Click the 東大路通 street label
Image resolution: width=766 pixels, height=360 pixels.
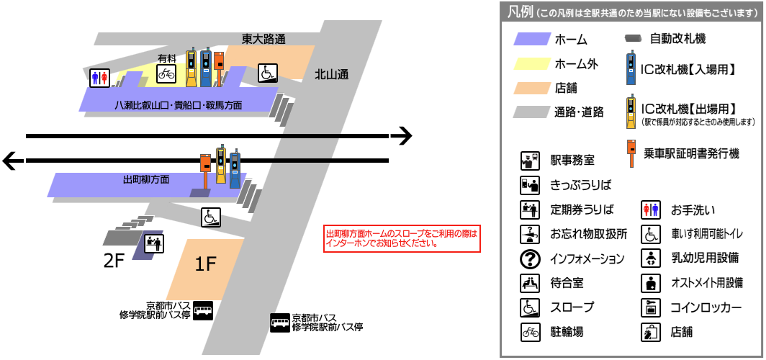click(263, 39)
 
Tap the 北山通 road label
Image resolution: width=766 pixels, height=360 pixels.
click(331, 74)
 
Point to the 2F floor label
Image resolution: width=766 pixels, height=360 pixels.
click(114, 261)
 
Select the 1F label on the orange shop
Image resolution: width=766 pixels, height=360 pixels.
click(205, 264)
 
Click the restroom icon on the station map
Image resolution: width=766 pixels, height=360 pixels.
click(99, 78)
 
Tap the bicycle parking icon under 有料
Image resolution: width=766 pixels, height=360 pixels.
click(166, 73)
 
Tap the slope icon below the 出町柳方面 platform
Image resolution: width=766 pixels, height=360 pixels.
click(211, 217)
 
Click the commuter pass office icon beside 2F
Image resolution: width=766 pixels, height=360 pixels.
click(154, 243)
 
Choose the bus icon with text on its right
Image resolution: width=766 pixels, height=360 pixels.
click(280, 323)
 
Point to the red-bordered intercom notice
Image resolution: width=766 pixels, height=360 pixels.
click(402, 239)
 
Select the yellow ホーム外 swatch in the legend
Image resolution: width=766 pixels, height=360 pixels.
click(531, 63)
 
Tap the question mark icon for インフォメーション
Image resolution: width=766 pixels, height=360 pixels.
click(530, 259)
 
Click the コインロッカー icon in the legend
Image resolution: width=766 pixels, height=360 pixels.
click(651, 307)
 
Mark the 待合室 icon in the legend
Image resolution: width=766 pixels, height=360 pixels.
click(530, 283)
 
